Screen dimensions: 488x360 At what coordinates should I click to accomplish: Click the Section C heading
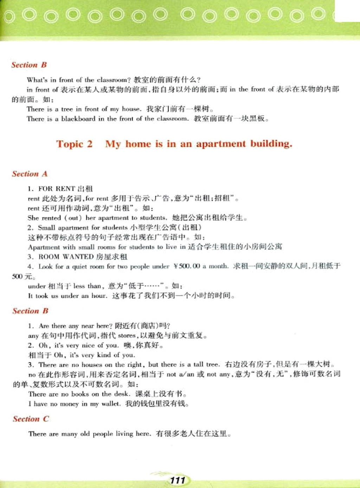[31, 419]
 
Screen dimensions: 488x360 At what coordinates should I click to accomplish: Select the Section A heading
[30, 174]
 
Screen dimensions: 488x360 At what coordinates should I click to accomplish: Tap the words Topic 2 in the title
[74, 144]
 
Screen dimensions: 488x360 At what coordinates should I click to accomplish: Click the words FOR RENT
[57, 189]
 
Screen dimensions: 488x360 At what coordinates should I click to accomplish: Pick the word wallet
[110, 404]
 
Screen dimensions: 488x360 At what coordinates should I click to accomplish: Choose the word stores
[127, 335]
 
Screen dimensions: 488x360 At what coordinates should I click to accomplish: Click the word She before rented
[33, 218]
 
